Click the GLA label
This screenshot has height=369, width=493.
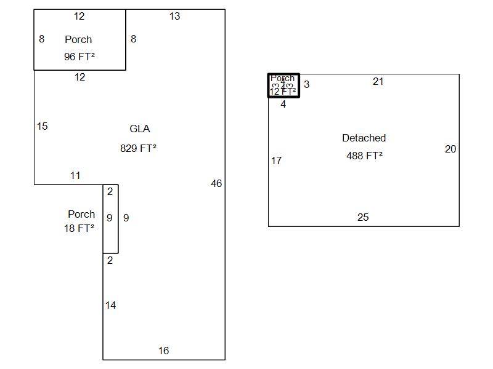[139, 129]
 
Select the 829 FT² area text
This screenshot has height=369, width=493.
[138, 148]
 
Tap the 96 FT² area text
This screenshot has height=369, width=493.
[79, 57]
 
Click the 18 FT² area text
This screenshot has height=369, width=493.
[79, 229]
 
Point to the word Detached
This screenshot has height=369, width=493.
[364, 138]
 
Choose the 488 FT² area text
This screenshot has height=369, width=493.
[364, 156]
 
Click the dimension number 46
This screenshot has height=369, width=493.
[216, 183]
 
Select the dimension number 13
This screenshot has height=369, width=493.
[175, 17]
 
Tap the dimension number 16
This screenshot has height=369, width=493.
[163, 351]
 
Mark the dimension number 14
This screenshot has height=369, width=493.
[110, 305]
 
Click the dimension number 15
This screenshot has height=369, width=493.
[42, 127]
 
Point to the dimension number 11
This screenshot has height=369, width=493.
[75, 176]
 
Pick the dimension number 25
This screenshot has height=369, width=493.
[363, 218]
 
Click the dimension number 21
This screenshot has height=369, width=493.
[378, 82]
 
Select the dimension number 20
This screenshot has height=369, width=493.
[450, 149]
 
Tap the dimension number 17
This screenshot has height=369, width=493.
[276, 161]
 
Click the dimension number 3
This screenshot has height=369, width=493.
[307, 85]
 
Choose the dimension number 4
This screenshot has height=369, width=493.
[283, 105]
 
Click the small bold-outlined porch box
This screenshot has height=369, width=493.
[283, 85]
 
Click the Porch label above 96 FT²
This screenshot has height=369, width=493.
[78, 39]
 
